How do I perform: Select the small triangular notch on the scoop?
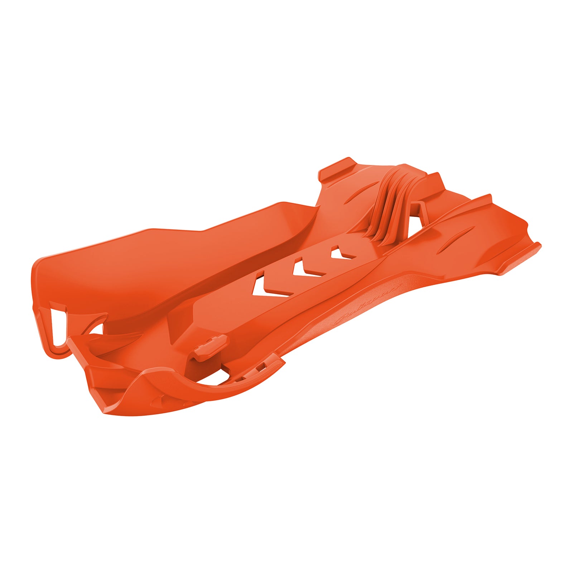coord(160,397)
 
